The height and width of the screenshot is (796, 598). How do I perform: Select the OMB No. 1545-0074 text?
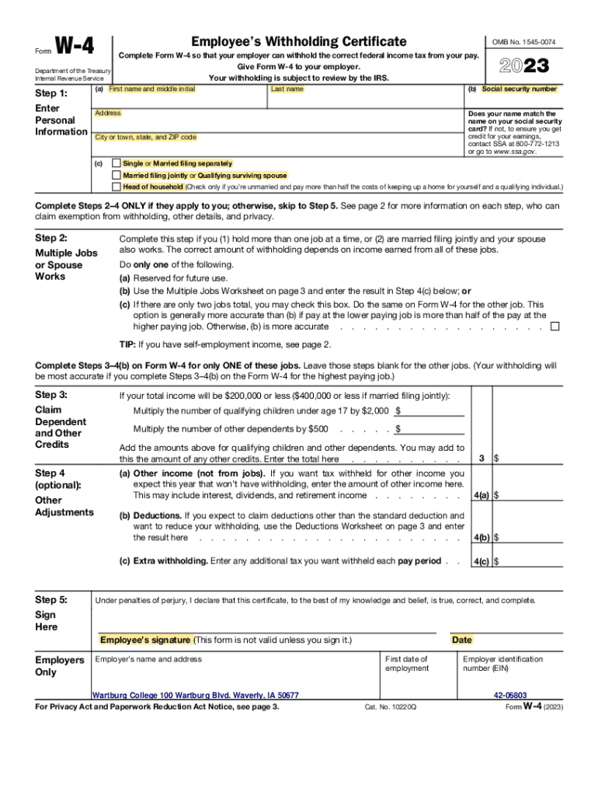click(x=524, y=42)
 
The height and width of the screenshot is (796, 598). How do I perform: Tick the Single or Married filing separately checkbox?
click(x=116, y=164)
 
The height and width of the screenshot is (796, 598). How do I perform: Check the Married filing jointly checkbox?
click(x=116, y=176)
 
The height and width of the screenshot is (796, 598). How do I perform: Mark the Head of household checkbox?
click(x=116, y=187)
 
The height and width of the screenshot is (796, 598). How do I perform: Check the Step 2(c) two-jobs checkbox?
click(x=555, y=326)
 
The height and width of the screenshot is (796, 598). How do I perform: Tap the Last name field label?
click(x=287, y=89)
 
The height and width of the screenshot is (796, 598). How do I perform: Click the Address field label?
click(x=107, y=113)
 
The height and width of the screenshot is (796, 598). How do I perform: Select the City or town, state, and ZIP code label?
click(x=145, y=138)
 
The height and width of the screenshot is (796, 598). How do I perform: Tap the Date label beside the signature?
click(x=461, y=640)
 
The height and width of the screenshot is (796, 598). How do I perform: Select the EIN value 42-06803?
click(x=509, y=695)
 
